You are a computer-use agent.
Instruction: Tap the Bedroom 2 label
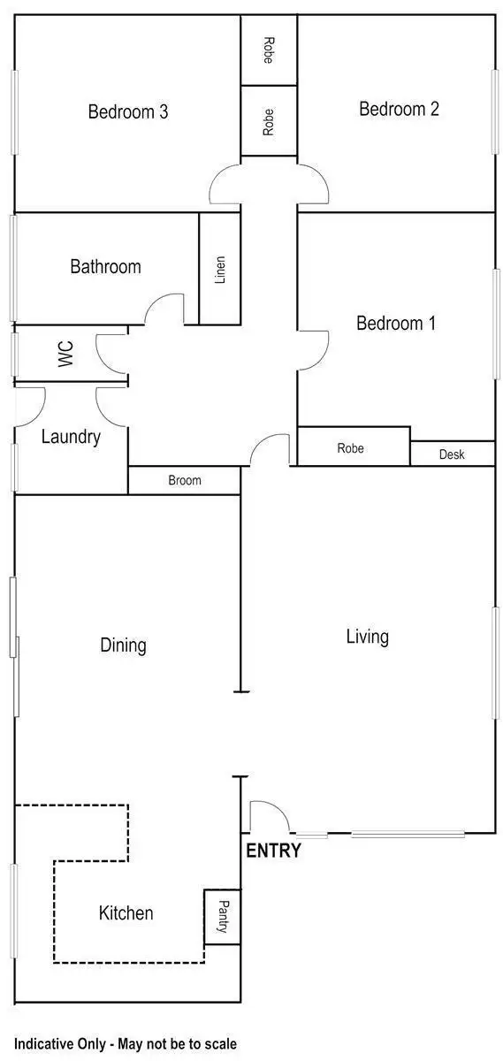pyautogui.click(x=399, y=109)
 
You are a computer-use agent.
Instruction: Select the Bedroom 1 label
pyautogui.click(x=395, y=324)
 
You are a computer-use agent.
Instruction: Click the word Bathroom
pyautogui.click(x=105, y=266)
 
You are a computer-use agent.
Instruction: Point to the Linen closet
pyautogui.click(x=220, y=269)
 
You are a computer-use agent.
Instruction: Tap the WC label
pyautogui.click(x=65, y=355)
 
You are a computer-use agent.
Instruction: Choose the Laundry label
pyautogui.click(x=71, y=437)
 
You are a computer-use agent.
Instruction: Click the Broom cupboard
pyautogui.click(x=185, y=480)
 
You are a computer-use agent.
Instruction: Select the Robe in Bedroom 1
pyautogui.click(x=351, y=448)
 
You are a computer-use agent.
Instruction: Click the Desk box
pyautogui.click(x=452, y=454)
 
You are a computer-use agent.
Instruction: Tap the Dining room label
pyautogui.click(x=123, y=645)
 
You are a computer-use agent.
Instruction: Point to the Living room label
pyautogui.click(x=367, y=637)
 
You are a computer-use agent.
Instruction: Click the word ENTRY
pyautogui.click(x=273, y=851)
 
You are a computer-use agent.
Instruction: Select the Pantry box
pyautogui.click(x=222, y=916)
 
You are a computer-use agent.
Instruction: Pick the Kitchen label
pyautogui.click(x=126, y=913)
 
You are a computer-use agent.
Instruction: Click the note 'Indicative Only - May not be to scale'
pyautogui.click(x=126, y=1044)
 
